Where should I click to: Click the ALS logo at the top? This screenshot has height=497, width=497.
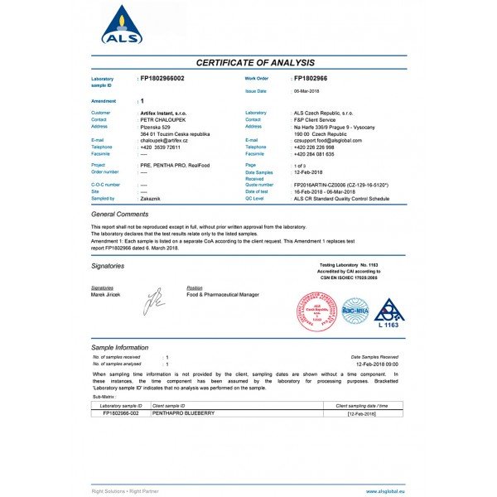click(x=122, y=24)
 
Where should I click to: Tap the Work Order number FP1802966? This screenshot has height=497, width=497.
click(x=316, y=78)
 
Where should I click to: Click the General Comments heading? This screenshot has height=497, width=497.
click(x=120, y=214)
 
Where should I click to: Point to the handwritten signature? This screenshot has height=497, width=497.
click(x=155, y=301)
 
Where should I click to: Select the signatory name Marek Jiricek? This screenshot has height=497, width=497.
click(x=105, y=294)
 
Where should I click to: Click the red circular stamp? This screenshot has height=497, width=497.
click(x=315, y=311)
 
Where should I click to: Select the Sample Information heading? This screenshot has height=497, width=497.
click(x=120, y=348)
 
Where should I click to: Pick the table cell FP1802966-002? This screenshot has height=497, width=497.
click(x=121, y=413)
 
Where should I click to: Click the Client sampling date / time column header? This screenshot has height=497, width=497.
click(x=359, y=406)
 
